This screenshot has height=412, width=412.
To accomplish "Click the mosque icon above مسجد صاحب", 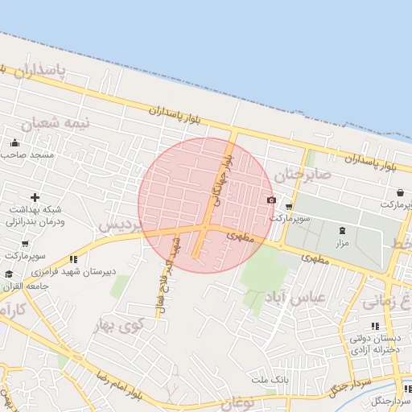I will [14, 143].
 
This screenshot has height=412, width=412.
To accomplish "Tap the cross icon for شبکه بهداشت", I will [35, 197].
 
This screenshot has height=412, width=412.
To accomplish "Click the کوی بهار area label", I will [118, 326].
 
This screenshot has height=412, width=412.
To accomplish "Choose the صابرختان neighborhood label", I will [303, 173].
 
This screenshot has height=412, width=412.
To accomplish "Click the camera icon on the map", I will [271, 200].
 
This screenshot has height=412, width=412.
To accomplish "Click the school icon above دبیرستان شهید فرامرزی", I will [73, 259].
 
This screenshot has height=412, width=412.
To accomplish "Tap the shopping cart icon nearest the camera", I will [288, 207].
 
